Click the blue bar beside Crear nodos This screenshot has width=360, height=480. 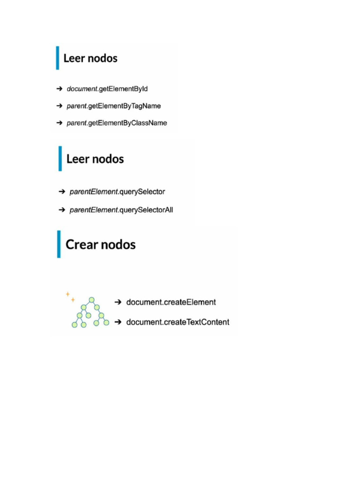click(x=59, y=244)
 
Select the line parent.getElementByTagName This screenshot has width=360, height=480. click(x=114, y=106)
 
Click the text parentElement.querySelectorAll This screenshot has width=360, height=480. click(x=121, y=210)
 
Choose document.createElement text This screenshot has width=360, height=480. click(x=171, y=302)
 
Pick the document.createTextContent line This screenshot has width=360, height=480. click(x=178, y=322)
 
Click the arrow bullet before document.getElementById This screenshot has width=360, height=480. click(x=60, y=89)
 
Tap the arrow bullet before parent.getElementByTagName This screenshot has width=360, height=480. click(x=60, y=106)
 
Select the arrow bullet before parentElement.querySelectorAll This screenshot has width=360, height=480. click(x=62, y=210)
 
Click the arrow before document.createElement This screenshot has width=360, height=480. click(x=118, y=302)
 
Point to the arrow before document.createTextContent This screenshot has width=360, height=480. click(x=118, y=322)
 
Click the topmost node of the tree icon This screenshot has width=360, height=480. click(x=92, y=300)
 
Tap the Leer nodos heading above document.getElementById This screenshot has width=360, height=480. click(x=90, y=59)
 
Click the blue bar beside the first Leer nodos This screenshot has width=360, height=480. click(x=58, y=58)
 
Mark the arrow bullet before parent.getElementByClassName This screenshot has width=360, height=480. click(x=60, y=123)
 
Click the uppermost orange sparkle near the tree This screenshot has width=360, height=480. click(x=67, y=294)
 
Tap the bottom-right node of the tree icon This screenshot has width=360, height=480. click(x=106, y=322)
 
